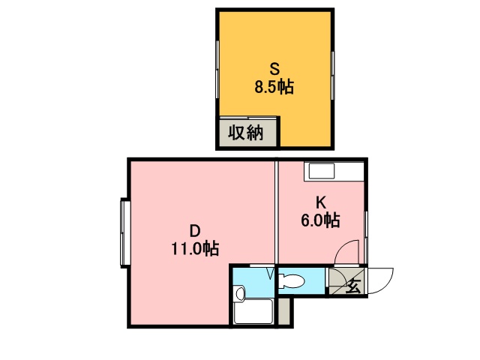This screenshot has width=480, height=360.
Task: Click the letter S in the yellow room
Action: pyautogui.click(x=275, y=66)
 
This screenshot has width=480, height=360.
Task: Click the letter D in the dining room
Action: pyautogui.click(x=194, y=229)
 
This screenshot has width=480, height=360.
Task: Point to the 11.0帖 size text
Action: pyautogui.click(x=193, y=248)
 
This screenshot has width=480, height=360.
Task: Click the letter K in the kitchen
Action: pyautogui.click(x=320, y=202)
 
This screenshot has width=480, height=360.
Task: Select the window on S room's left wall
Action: pyautogui.click(x=218, y=67)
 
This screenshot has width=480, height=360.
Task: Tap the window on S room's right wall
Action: pyautogui.click(x=331, y=71)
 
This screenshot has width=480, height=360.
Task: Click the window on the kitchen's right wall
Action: pyautogui.click(x=367, y=232)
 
